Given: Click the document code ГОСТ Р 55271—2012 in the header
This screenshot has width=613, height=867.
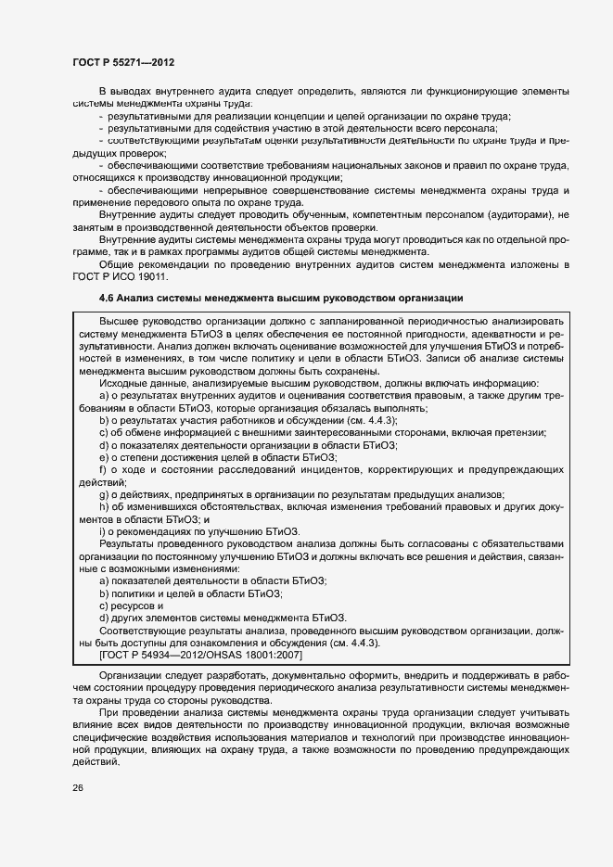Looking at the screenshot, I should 123,62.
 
